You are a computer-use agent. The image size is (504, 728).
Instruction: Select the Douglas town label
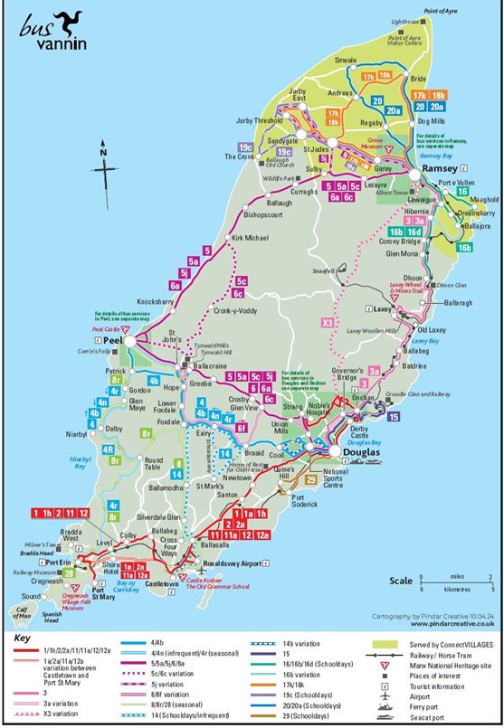(x=354, y=451)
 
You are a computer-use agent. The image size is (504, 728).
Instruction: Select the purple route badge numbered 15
(x=393, y=417)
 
